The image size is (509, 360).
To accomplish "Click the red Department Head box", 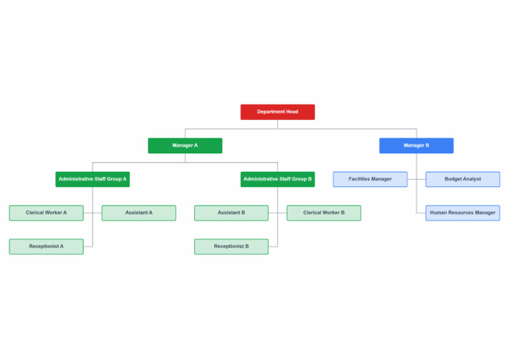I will coord(277,112).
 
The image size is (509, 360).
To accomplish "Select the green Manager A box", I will coord(185,145).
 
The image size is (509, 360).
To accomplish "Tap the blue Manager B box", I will coord(416,145).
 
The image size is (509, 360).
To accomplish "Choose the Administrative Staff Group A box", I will coord(92,179).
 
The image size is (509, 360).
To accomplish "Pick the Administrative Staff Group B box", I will coord(277,179).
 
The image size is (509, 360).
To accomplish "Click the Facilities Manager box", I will coord(370,179).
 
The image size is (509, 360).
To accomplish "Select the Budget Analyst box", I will coord(463,179).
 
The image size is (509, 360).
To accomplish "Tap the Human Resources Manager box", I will coord(463,213).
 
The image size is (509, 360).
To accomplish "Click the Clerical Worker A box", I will coord(46,213).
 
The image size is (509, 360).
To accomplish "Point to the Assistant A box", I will coord(139,213).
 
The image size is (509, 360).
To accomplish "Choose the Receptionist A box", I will coord(46,247).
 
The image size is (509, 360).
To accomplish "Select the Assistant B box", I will coord(231,213).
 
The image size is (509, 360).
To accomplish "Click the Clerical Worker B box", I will coord(323,213).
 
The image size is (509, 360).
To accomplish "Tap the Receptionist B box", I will coord(231,247).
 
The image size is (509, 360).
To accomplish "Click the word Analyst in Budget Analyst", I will coord(472,179).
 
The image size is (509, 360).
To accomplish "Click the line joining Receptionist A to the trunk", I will coord(87,247).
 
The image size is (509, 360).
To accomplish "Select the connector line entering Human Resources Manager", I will coord(421,213).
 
